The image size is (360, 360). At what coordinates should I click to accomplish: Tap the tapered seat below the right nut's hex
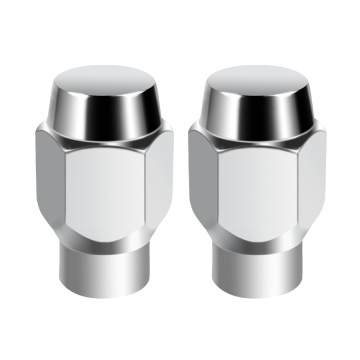[x=258, y=246]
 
